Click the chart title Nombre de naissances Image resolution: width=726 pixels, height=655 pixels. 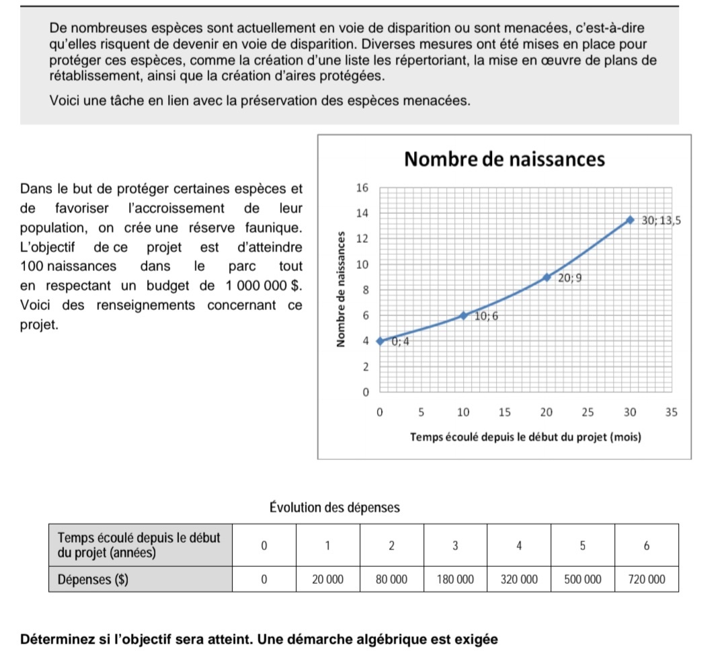[x=505, y=160]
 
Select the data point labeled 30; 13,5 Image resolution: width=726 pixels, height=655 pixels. [x=630, y=220]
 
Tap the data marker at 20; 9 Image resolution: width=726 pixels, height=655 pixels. [x=547, y=277]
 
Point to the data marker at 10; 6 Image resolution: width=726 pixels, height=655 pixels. [x=463, y=315]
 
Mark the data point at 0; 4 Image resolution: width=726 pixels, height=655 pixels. [x=380, y=341]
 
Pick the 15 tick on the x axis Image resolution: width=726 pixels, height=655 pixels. [x=505, y=412]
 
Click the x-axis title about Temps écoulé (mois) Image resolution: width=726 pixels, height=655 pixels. [x=526, y=437]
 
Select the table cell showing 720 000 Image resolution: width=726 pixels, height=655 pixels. [x=647, y=579]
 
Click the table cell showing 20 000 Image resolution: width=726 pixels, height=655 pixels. [x=327, y=579]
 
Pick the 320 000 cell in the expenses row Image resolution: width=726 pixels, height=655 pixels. [x=519, y=579]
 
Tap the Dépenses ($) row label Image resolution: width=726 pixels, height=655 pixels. [x=93, y=579]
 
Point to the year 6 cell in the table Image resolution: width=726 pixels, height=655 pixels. [x=647, y=547]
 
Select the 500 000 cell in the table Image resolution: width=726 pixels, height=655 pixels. [x=583, y=579]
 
